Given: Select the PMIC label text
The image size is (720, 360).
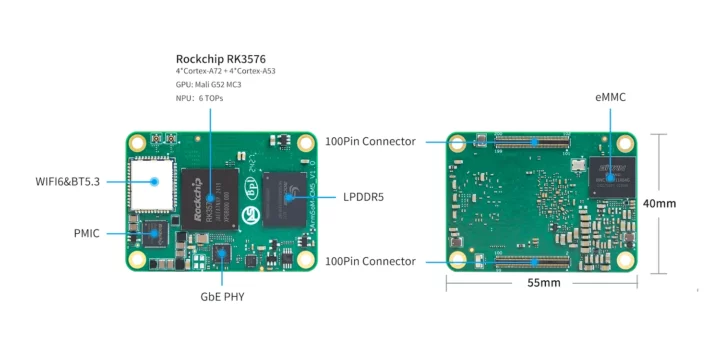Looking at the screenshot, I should point(86,232).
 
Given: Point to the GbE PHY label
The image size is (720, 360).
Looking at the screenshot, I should point(222,297).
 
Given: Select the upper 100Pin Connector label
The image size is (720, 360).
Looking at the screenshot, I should point(371,142).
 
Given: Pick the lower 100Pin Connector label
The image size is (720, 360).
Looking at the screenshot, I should point(371,261).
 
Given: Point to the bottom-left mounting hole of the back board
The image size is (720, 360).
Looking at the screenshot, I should point(459,262).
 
